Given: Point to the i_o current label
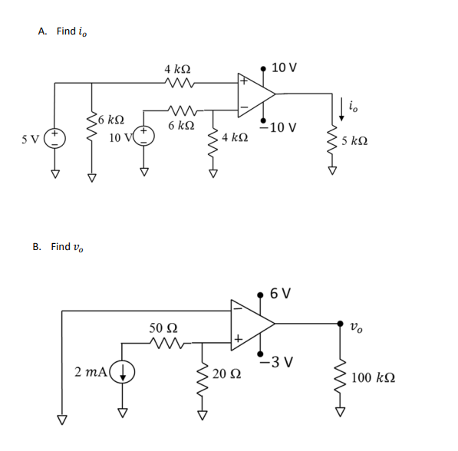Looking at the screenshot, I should [x=352, y=107].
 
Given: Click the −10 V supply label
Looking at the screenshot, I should [x=278, y=127].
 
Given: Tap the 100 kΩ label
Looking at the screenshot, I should [x=374, y=377].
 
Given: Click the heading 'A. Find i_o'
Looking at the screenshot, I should [x=68, y=31].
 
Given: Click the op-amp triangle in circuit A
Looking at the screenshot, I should [x=255, y=93].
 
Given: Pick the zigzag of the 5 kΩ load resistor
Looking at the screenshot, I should [x=333, y=140].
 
